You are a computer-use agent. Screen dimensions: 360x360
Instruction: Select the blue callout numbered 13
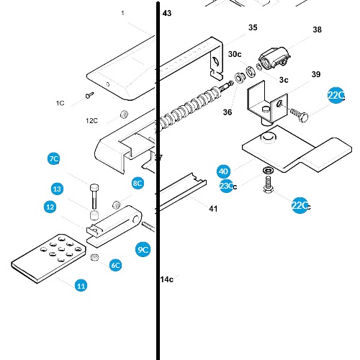coord(58,189)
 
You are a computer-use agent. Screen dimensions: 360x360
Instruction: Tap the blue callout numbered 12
coord(50,207)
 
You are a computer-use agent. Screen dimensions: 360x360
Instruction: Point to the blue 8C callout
coord(138,184)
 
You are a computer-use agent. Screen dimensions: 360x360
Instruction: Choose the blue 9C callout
coord(143,250)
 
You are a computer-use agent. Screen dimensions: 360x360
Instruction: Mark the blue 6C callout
coord(115,265)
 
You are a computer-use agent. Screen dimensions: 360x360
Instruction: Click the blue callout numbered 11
coord(81,286)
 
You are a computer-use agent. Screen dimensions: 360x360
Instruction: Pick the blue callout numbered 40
coord(224,171)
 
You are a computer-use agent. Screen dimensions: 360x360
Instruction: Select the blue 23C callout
coord(226,186)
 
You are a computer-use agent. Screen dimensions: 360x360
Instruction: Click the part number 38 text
coord(317,30)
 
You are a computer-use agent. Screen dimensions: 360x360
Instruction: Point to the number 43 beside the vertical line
coord(167,14)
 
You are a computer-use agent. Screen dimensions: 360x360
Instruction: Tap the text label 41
coord(212,209)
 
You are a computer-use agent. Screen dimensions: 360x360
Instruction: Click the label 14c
coord(166,279)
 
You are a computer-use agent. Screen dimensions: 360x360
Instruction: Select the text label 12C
coord(92,120)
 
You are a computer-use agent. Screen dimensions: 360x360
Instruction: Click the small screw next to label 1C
coord(90,94)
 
